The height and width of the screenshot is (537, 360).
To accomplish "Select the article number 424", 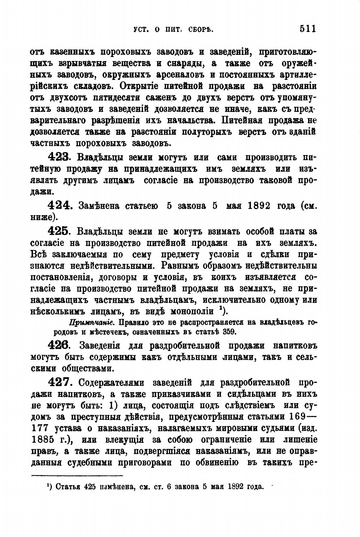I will (60, 206).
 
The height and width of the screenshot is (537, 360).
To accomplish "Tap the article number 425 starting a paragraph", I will (60, 232).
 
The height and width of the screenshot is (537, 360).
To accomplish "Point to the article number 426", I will (60, 345).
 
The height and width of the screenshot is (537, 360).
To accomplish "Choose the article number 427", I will (60, 382).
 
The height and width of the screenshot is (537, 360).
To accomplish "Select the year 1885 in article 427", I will (45, 440).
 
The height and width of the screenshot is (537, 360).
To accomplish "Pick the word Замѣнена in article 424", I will (99, 206).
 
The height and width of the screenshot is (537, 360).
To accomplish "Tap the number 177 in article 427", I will (39, 428).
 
